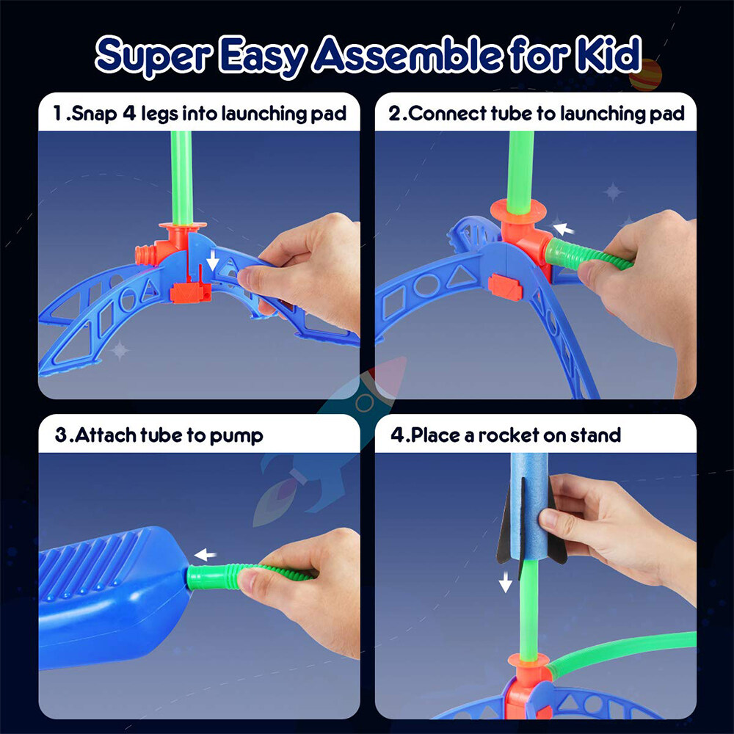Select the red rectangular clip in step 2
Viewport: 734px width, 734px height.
tap(505, 287)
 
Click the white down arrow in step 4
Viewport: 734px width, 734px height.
tap(505, 583)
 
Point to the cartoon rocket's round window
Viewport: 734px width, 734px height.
tap(363, 403)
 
